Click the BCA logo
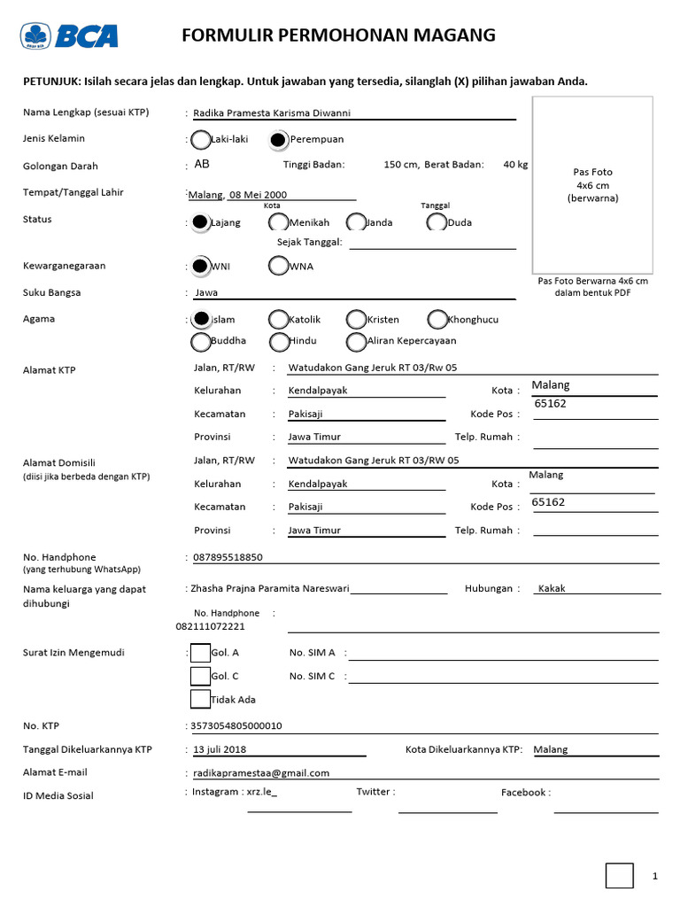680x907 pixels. coord(70,35)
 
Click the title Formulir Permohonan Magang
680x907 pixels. coord(338,35)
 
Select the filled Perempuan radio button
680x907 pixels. coord(278,139)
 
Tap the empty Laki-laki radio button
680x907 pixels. coord(200,139)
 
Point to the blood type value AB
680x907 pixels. coord(202,165)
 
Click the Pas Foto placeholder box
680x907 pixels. coord(592,184)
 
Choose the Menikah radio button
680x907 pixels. coord(278,222)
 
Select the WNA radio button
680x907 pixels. coord(278,266)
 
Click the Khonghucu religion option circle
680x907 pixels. coord(437,319)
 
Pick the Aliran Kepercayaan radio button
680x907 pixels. coord(356,341)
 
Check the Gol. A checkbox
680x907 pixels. coord(200,653)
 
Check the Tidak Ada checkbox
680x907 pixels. coord(200,700)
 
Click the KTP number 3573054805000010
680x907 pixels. coord(237,725)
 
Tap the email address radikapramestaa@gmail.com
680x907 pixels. coord(261,772)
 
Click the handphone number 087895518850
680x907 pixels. coord(228,557)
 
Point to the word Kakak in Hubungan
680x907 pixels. coord(552,588)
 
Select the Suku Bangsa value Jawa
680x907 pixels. coord(206,291)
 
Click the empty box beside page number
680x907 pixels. coord(619,875)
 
